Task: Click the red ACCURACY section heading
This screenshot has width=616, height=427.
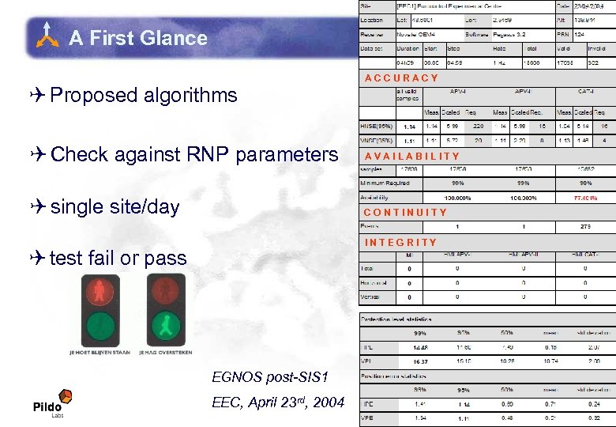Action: click(x=401, y=77)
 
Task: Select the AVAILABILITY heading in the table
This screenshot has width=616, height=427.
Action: click(x=411, y=156)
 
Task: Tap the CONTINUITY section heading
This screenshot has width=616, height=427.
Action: click(x=405, y=212)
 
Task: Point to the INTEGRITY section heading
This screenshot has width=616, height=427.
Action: click(x=400, y=242)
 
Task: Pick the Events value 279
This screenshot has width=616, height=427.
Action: click(x=585, y=226)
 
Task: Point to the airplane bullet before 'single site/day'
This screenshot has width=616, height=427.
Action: click(x=39, y=206)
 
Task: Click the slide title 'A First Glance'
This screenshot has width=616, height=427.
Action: click(x=137, y=38)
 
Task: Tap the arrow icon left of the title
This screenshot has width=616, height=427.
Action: click(x=49, y=36)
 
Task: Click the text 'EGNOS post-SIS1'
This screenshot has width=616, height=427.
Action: click(x=269, y=376)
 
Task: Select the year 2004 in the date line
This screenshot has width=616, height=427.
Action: click(x=329, y=402)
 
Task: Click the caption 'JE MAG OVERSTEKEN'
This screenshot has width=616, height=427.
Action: click(x=165, y=353)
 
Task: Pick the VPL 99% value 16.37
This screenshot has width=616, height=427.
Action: click(x=409, y=361)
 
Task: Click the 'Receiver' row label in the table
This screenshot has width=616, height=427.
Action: click(x=372, y=35)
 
